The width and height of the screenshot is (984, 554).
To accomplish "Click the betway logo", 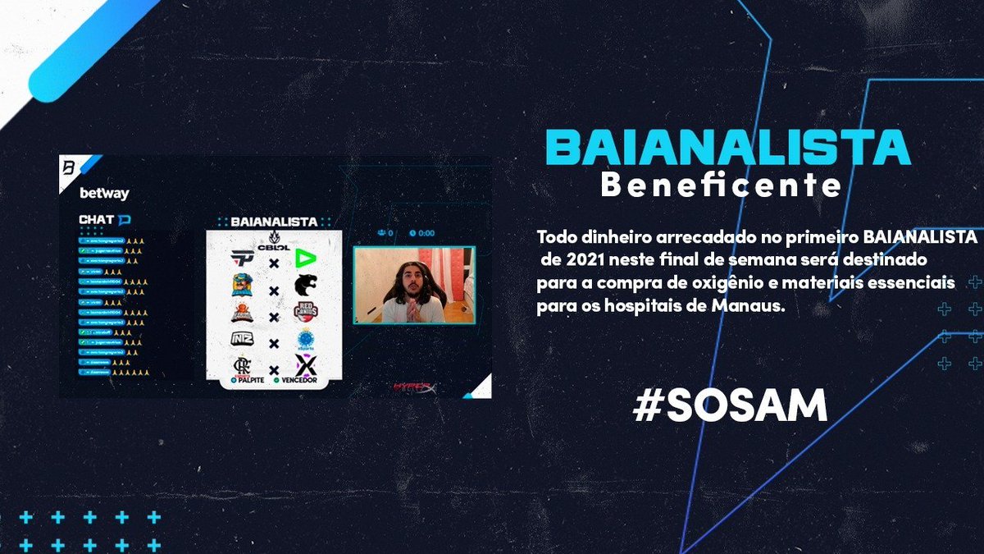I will click(x=104, y=194).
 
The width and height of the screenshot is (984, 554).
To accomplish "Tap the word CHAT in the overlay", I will click(x=96, y=219).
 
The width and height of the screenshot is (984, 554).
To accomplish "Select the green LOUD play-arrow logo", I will click(x=306, y=258).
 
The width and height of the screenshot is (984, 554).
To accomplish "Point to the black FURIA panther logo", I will click(x=306, y=286).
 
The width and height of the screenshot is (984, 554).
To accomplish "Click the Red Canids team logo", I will click(x=306, y=314).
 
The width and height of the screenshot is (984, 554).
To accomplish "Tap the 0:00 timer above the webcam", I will click(x=426, y=233).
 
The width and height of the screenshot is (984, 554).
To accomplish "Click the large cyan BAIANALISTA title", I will click(x=728, y=147).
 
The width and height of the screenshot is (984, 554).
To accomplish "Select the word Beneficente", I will click(x=721, y=185).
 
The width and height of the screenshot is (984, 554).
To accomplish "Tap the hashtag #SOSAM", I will click(x=730, y=406).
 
